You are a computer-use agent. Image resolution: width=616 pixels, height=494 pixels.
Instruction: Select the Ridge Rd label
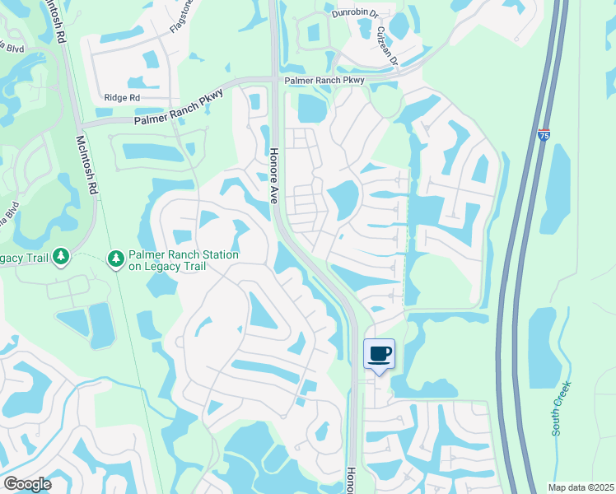(x=122, y=97)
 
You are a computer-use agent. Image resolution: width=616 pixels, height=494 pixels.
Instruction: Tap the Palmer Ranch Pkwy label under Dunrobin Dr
(x=324, y=81)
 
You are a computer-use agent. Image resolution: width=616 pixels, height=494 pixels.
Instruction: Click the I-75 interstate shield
(x=544, y=134)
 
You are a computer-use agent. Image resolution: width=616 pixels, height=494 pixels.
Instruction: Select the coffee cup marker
(x=379, y=354)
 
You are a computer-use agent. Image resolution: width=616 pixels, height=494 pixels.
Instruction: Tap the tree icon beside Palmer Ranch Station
(x=116, y=259)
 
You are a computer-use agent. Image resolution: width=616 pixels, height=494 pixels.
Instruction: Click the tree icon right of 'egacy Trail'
(x=61, y=259)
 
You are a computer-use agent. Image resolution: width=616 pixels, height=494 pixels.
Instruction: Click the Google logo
(x=27, y=484)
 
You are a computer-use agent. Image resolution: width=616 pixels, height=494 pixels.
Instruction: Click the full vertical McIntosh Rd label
(x=86, y=164)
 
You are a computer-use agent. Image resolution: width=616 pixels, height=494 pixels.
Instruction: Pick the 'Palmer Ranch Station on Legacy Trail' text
(x=183, y=260)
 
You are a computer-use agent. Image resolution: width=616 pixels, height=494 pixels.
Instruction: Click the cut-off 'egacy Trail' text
(x=24, y=259)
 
